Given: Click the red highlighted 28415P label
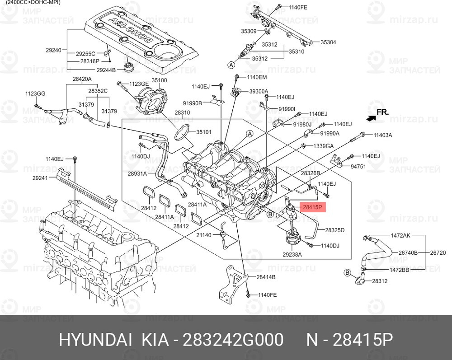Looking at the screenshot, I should [312, 207].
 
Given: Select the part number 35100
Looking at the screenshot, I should [159, 80].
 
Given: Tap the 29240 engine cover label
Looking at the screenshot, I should [53, 50].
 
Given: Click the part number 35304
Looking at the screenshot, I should [328, 42].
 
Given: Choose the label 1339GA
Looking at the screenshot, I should [324, 146].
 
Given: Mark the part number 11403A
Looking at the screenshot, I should [382, 135].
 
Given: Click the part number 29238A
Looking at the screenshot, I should [292, 255].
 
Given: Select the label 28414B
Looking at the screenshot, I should [266, 276].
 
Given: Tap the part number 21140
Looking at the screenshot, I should [204, 236].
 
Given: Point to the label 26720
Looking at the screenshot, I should [438, 252].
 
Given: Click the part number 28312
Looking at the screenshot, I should [380, 281].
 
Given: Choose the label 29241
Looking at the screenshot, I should [41, 178].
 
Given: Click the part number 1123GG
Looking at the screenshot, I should [35, 94].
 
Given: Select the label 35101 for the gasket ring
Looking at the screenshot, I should [203, 132].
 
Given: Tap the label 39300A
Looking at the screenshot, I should [259, 91].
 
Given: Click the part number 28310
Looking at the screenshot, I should [182, 112].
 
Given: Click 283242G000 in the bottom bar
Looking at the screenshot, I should [232, 339].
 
